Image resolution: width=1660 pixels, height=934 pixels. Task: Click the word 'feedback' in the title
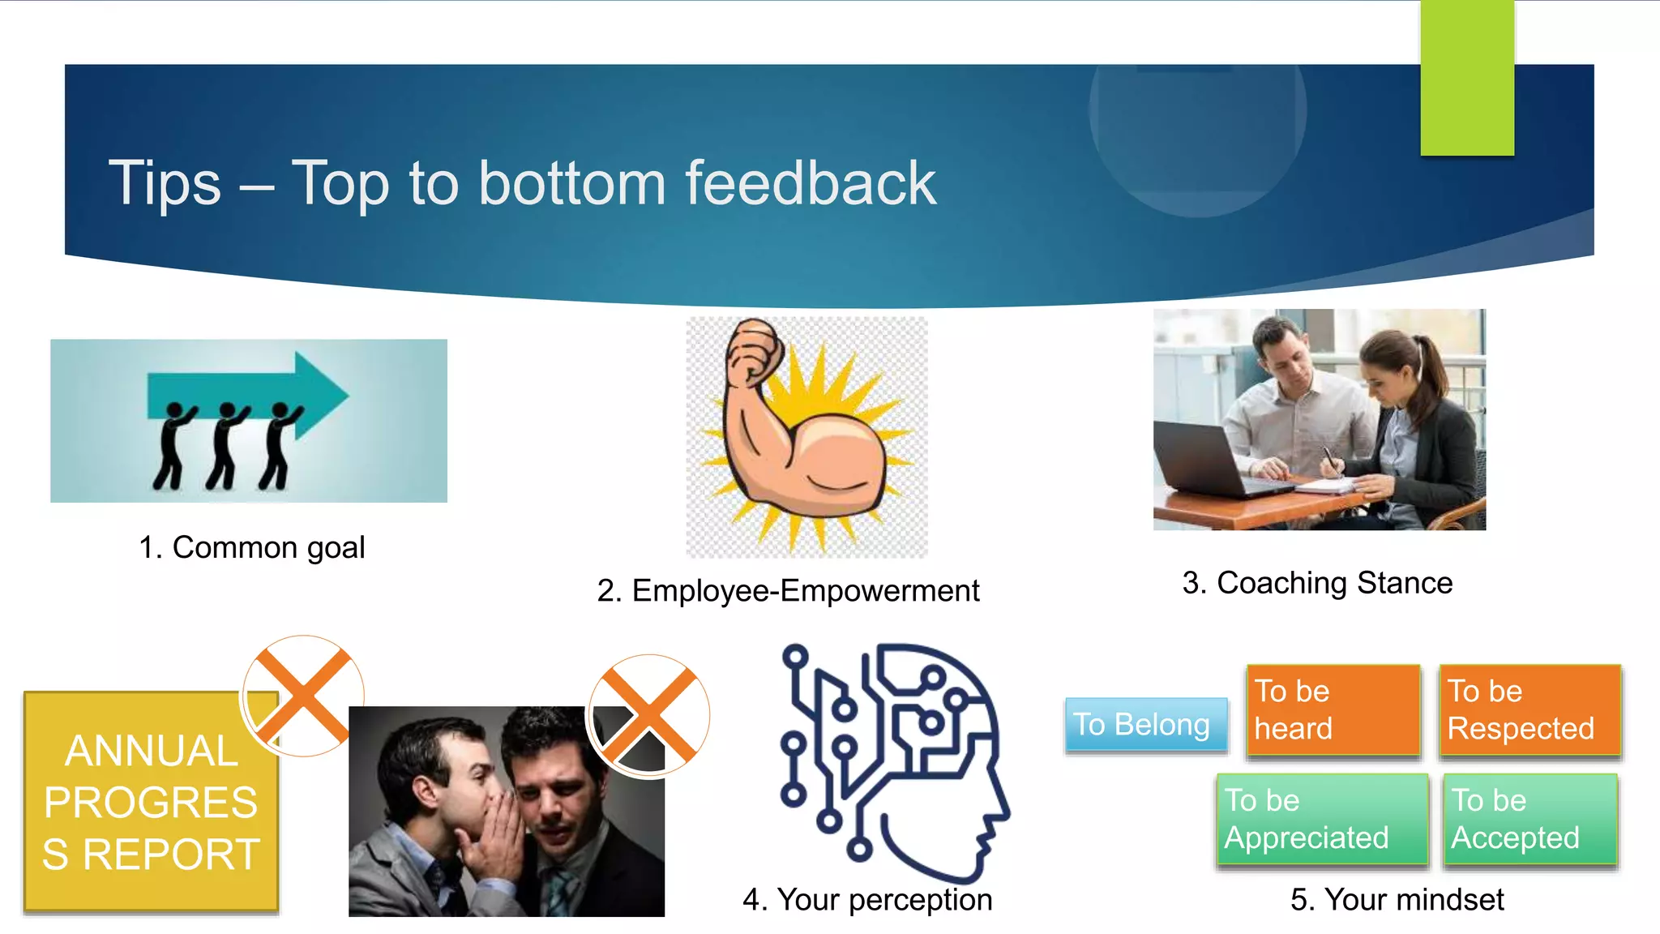pos(811,183)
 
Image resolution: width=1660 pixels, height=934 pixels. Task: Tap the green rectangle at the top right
pos(1467,78)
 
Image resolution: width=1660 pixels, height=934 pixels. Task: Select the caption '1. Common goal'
pos(252,548)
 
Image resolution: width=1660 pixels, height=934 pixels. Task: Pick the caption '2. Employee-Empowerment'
pos(788,591)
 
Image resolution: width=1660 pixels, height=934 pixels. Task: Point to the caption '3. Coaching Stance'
pos(1317,583)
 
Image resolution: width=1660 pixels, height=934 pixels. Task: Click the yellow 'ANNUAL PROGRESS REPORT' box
pos(151,803)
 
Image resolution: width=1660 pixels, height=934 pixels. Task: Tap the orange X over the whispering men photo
pos(648,715)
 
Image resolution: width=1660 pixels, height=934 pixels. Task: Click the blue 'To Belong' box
pos(1145,724)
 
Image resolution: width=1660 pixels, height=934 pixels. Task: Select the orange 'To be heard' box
pos(1333,710)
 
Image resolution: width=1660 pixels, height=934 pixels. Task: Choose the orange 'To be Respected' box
pos(1529,710)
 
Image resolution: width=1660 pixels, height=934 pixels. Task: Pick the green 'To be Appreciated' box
pos(1321,819)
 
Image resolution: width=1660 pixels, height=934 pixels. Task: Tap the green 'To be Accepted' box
pos(1529,819)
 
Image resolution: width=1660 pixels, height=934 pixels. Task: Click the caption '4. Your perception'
pos(867,900)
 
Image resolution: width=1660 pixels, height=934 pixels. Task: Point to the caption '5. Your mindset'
pos(1397,900)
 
